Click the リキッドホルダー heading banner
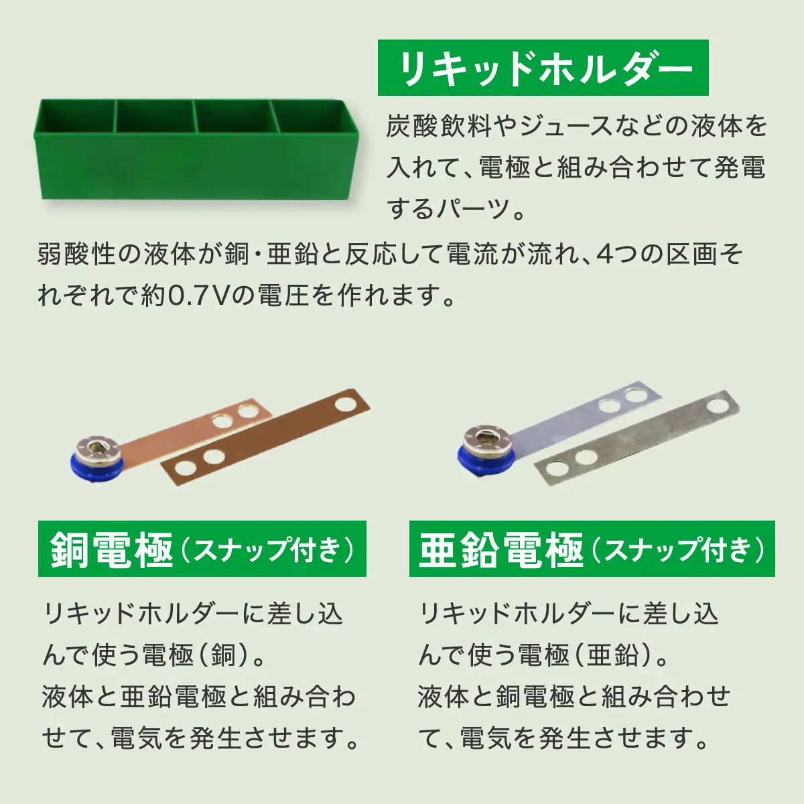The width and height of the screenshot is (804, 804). click(x=543, y=68)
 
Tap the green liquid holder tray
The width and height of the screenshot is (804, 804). click(x=196, y=151)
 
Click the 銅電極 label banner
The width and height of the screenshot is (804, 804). click(x=202, y=549)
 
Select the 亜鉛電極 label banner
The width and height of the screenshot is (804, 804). click(x=592, y=549)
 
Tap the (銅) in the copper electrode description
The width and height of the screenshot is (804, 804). click(x=224, y=655)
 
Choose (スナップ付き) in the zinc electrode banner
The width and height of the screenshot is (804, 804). click(x=677, y=550)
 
